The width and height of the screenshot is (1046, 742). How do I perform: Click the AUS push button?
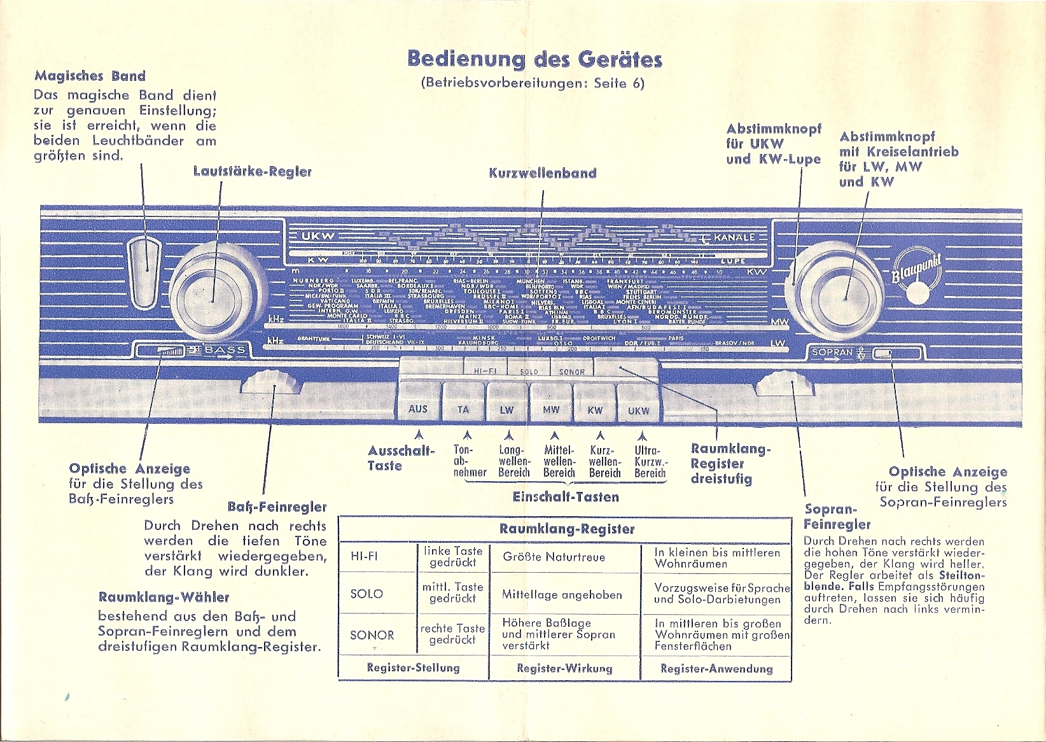[x=418, y=408]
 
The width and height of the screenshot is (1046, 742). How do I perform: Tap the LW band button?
[x=506, y=409]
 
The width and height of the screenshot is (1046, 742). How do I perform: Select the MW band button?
[x=551, y=409]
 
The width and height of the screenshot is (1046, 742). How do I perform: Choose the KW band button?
[x=595, y=410]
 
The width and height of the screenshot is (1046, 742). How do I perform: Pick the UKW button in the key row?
[x=638, y=410]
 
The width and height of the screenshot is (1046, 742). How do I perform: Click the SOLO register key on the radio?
[x=529, y=371]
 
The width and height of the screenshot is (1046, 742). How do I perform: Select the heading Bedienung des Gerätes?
[x=534, y=59]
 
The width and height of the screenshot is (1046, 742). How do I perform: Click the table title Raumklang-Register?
[x=567, y=529]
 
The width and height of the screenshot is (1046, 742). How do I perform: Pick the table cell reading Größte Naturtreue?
[x=554, y=557]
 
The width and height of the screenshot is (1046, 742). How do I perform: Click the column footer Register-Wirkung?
[x=564, y=668]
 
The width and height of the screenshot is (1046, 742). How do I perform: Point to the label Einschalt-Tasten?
[x=566, y=497]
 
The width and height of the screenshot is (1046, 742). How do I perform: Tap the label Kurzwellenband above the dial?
[x=543, y=173]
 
